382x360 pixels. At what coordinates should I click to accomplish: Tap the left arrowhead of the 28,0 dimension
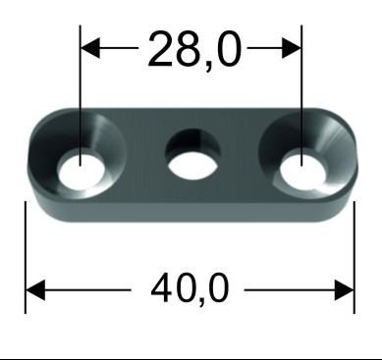(x=90, y=48)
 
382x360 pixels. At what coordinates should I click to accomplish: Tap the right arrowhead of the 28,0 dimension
(x=292, y=48)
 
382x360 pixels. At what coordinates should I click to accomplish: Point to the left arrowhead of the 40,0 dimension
(x=35, y=290)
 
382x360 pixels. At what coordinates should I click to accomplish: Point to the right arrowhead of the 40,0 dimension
(x=345, y=290)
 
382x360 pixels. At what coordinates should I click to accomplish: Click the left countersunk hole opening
(x=81, y=169)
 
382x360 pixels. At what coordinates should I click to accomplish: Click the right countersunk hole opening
(x=303, y=170)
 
